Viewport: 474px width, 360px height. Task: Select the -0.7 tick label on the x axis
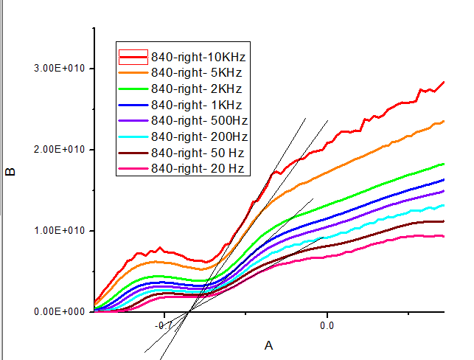[x=164, y=325]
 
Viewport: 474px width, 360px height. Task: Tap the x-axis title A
[x=268, y=345]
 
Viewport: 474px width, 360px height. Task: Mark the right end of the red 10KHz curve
[x=444, y=82]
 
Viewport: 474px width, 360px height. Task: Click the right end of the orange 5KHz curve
[x=444, y=121]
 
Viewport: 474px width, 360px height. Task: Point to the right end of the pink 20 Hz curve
[x=444, y=236]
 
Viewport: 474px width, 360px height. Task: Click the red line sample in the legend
[x=134, y=56]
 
